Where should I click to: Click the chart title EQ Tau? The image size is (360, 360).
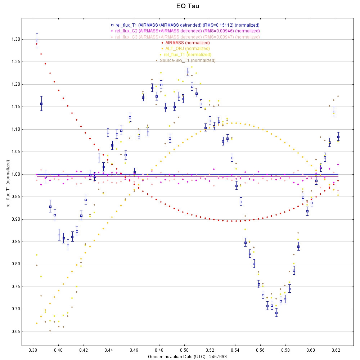coord(187,6)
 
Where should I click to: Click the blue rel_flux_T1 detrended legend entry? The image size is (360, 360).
coord(185,25)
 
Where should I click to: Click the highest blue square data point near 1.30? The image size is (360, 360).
coord(37,41)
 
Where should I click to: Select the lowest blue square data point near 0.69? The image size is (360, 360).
coord(276,313)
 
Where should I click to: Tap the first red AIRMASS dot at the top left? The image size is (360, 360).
coord(37,44)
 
